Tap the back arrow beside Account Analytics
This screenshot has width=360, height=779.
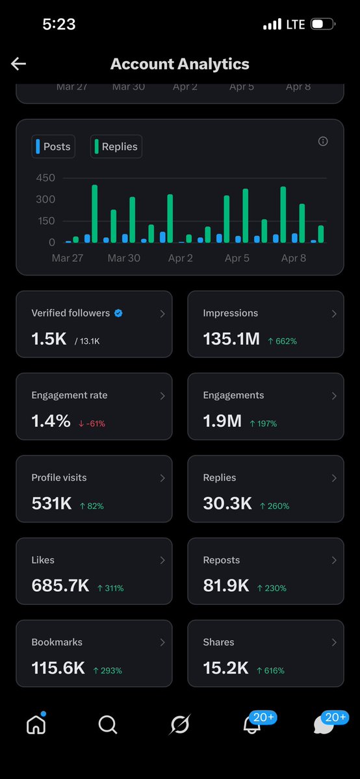coord(18,63)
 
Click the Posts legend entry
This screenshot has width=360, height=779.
coord(53,147)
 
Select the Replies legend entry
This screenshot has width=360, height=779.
coord(116,147)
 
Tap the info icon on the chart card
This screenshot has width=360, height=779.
coord(323,142)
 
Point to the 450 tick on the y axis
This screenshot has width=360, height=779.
coord(45,178)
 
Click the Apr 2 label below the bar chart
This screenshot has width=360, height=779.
coord(181,258)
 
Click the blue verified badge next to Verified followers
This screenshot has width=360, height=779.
coord(118,313)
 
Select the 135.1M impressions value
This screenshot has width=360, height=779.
coord(231,338)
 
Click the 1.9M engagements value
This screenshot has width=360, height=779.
coord(222,421)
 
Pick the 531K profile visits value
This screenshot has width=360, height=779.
coord(51,504)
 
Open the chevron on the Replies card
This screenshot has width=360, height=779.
coord(334,478)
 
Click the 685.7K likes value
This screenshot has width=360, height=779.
coord(60,585)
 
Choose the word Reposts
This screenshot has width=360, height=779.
coord(222,560)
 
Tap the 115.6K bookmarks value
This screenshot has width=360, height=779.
coord(58,668)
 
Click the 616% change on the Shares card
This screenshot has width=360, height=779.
coord(270,670)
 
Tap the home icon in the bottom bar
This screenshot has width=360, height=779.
coord(36,724)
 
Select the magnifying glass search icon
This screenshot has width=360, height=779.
coord(108,724)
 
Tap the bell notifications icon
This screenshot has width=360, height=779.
coord(252,725)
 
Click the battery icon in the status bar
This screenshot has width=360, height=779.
coord(322,25)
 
